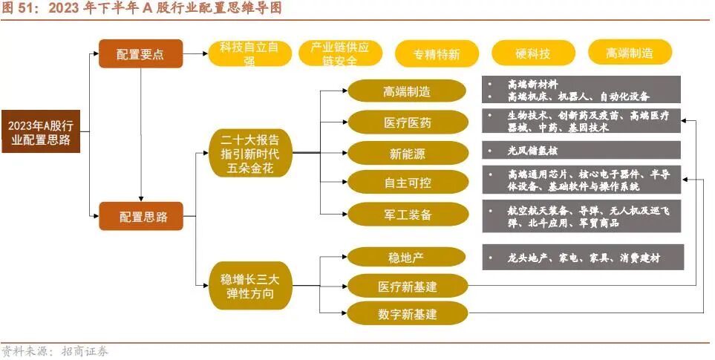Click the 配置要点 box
[140, 54]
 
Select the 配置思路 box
[140, 217]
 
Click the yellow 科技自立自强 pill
[249, 53]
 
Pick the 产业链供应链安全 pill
[339, 53]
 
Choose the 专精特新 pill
[437, 54]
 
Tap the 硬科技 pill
[533, 53]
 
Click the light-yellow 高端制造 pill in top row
[630, 53]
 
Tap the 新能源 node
[407, 154]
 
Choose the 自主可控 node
[407, 183]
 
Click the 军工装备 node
[407, 214]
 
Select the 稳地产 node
[407, 258]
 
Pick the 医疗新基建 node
[407, 286]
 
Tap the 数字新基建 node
[407, 314]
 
